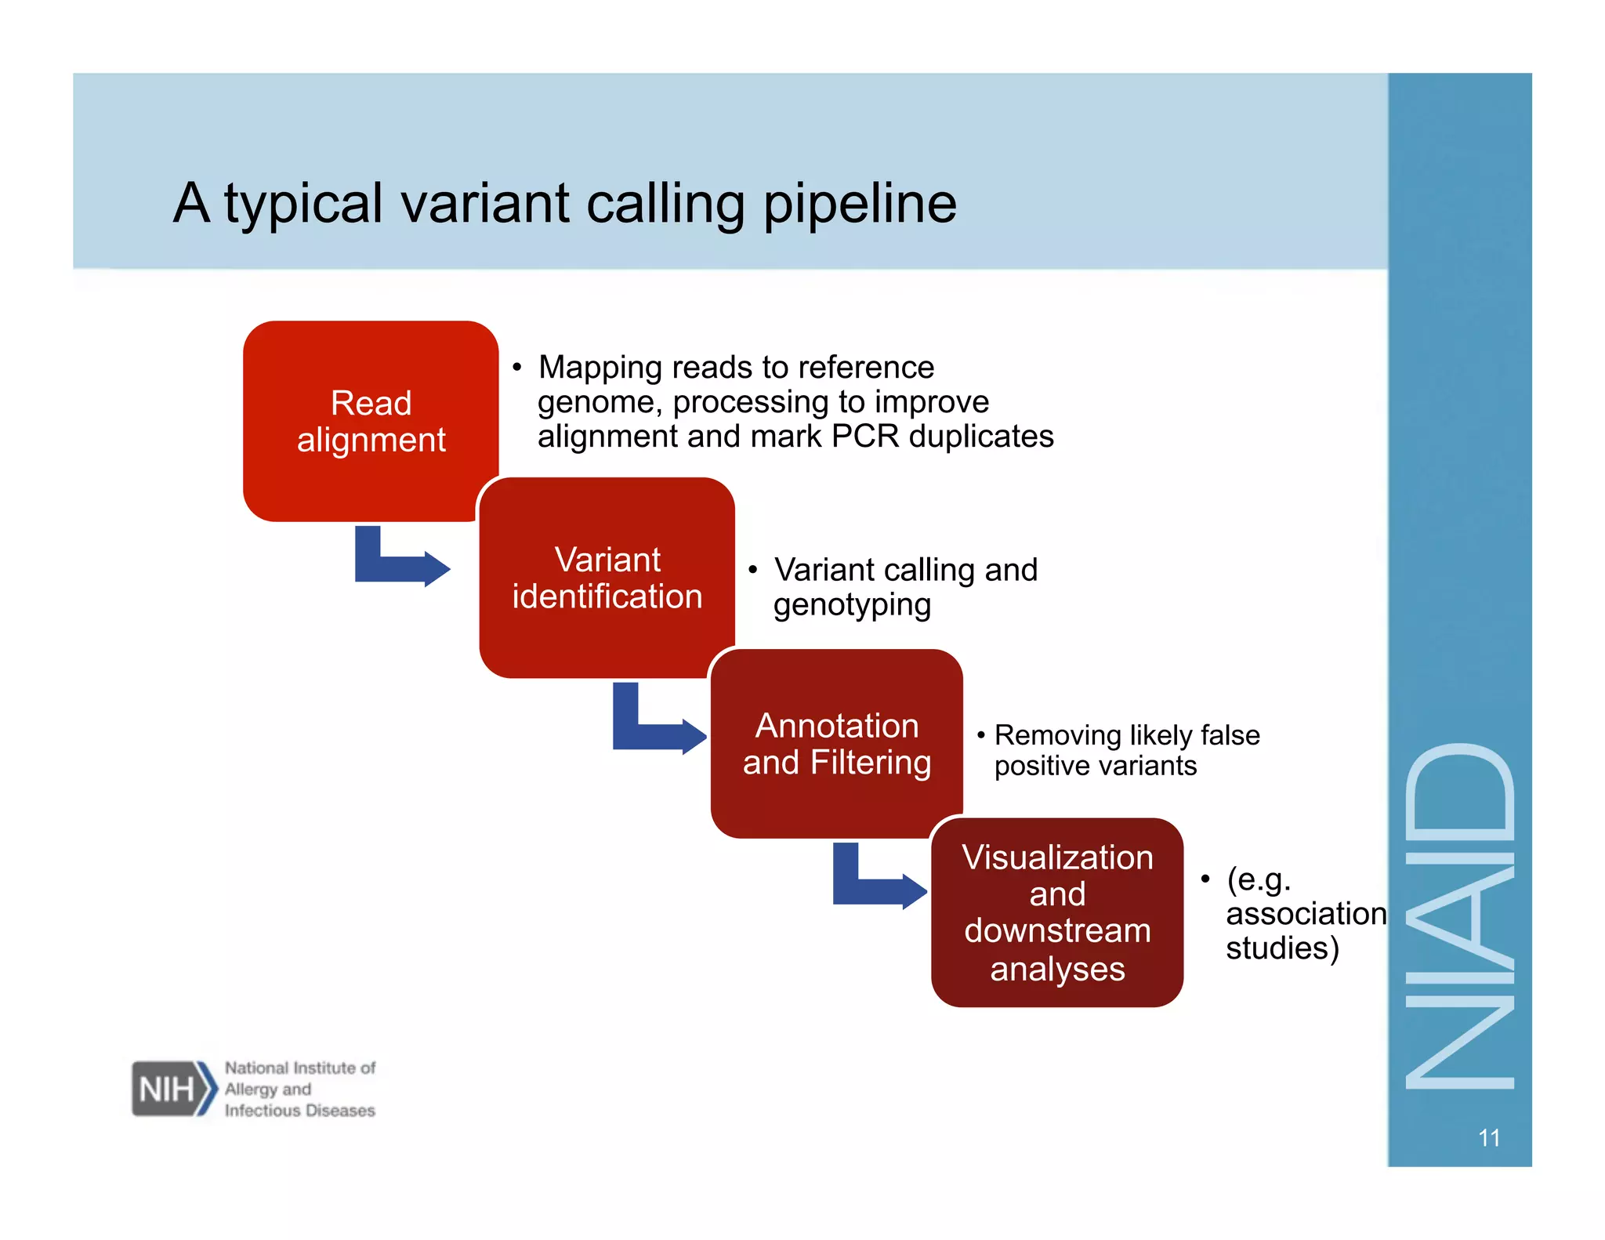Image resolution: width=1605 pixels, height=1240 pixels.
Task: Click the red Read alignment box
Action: coord(371,421)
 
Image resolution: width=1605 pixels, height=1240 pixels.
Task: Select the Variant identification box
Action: coord(607,578)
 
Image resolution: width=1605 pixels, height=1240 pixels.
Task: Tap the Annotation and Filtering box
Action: coord(836,743)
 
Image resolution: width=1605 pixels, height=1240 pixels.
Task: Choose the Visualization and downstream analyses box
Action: coord(1056,912)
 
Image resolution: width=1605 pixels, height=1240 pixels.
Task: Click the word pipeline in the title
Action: coord(860,204)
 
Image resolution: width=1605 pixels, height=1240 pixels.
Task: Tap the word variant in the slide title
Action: coord(485,204)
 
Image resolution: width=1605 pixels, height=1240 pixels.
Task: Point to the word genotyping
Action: coord(852,605)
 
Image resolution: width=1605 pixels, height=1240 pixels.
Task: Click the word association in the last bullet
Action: coord(1306,914)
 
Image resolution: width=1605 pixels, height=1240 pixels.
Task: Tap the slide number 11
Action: coord(1488,1137)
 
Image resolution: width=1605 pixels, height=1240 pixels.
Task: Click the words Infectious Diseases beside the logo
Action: coord(299,1111)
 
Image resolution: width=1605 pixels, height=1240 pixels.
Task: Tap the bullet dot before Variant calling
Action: coord(752,570)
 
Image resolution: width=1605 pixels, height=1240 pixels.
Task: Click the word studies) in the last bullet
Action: coord(1282,948)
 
